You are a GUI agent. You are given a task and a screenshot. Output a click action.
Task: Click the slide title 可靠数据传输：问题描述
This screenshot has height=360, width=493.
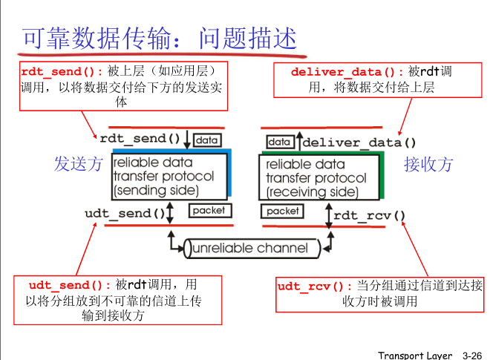160,38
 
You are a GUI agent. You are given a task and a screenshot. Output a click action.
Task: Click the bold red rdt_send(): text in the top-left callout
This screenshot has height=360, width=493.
62,72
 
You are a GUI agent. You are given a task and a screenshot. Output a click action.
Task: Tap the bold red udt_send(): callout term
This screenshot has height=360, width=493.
70,285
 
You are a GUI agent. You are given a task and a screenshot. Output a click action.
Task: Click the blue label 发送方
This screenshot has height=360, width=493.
78,164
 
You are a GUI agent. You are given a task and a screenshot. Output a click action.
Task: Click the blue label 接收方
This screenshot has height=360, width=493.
428,164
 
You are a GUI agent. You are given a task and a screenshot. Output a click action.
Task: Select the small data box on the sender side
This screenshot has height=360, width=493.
207,140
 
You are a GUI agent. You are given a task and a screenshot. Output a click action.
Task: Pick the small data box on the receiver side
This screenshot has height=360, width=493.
279,141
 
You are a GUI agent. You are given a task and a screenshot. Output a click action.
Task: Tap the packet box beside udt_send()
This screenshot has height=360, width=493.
209,211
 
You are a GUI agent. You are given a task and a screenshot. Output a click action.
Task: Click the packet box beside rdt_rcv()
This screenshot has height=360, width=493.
283,212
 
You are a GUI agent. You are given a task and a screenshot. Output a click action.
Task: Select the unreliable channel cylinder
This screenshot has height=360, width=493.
250,248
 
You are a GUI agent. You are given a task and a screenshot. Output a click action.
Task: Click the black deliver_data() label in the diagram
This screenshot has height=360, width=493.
359,142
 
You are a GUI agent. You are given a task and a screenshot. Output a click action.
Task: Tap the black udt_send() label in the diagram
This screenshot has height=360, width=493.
125,213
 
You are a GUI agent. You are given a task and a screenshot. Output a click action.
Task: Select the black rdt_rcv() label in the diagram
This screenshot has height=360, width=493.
370,216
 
